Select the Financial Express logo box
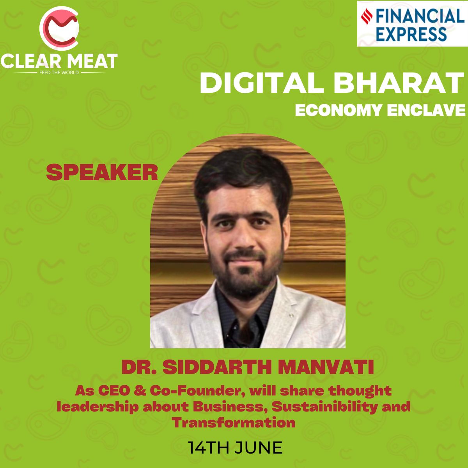[412, 23]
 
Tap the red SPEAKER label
[102, 172]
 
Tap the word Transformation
[234, 422]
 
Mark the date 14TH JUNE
[235, 448]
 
